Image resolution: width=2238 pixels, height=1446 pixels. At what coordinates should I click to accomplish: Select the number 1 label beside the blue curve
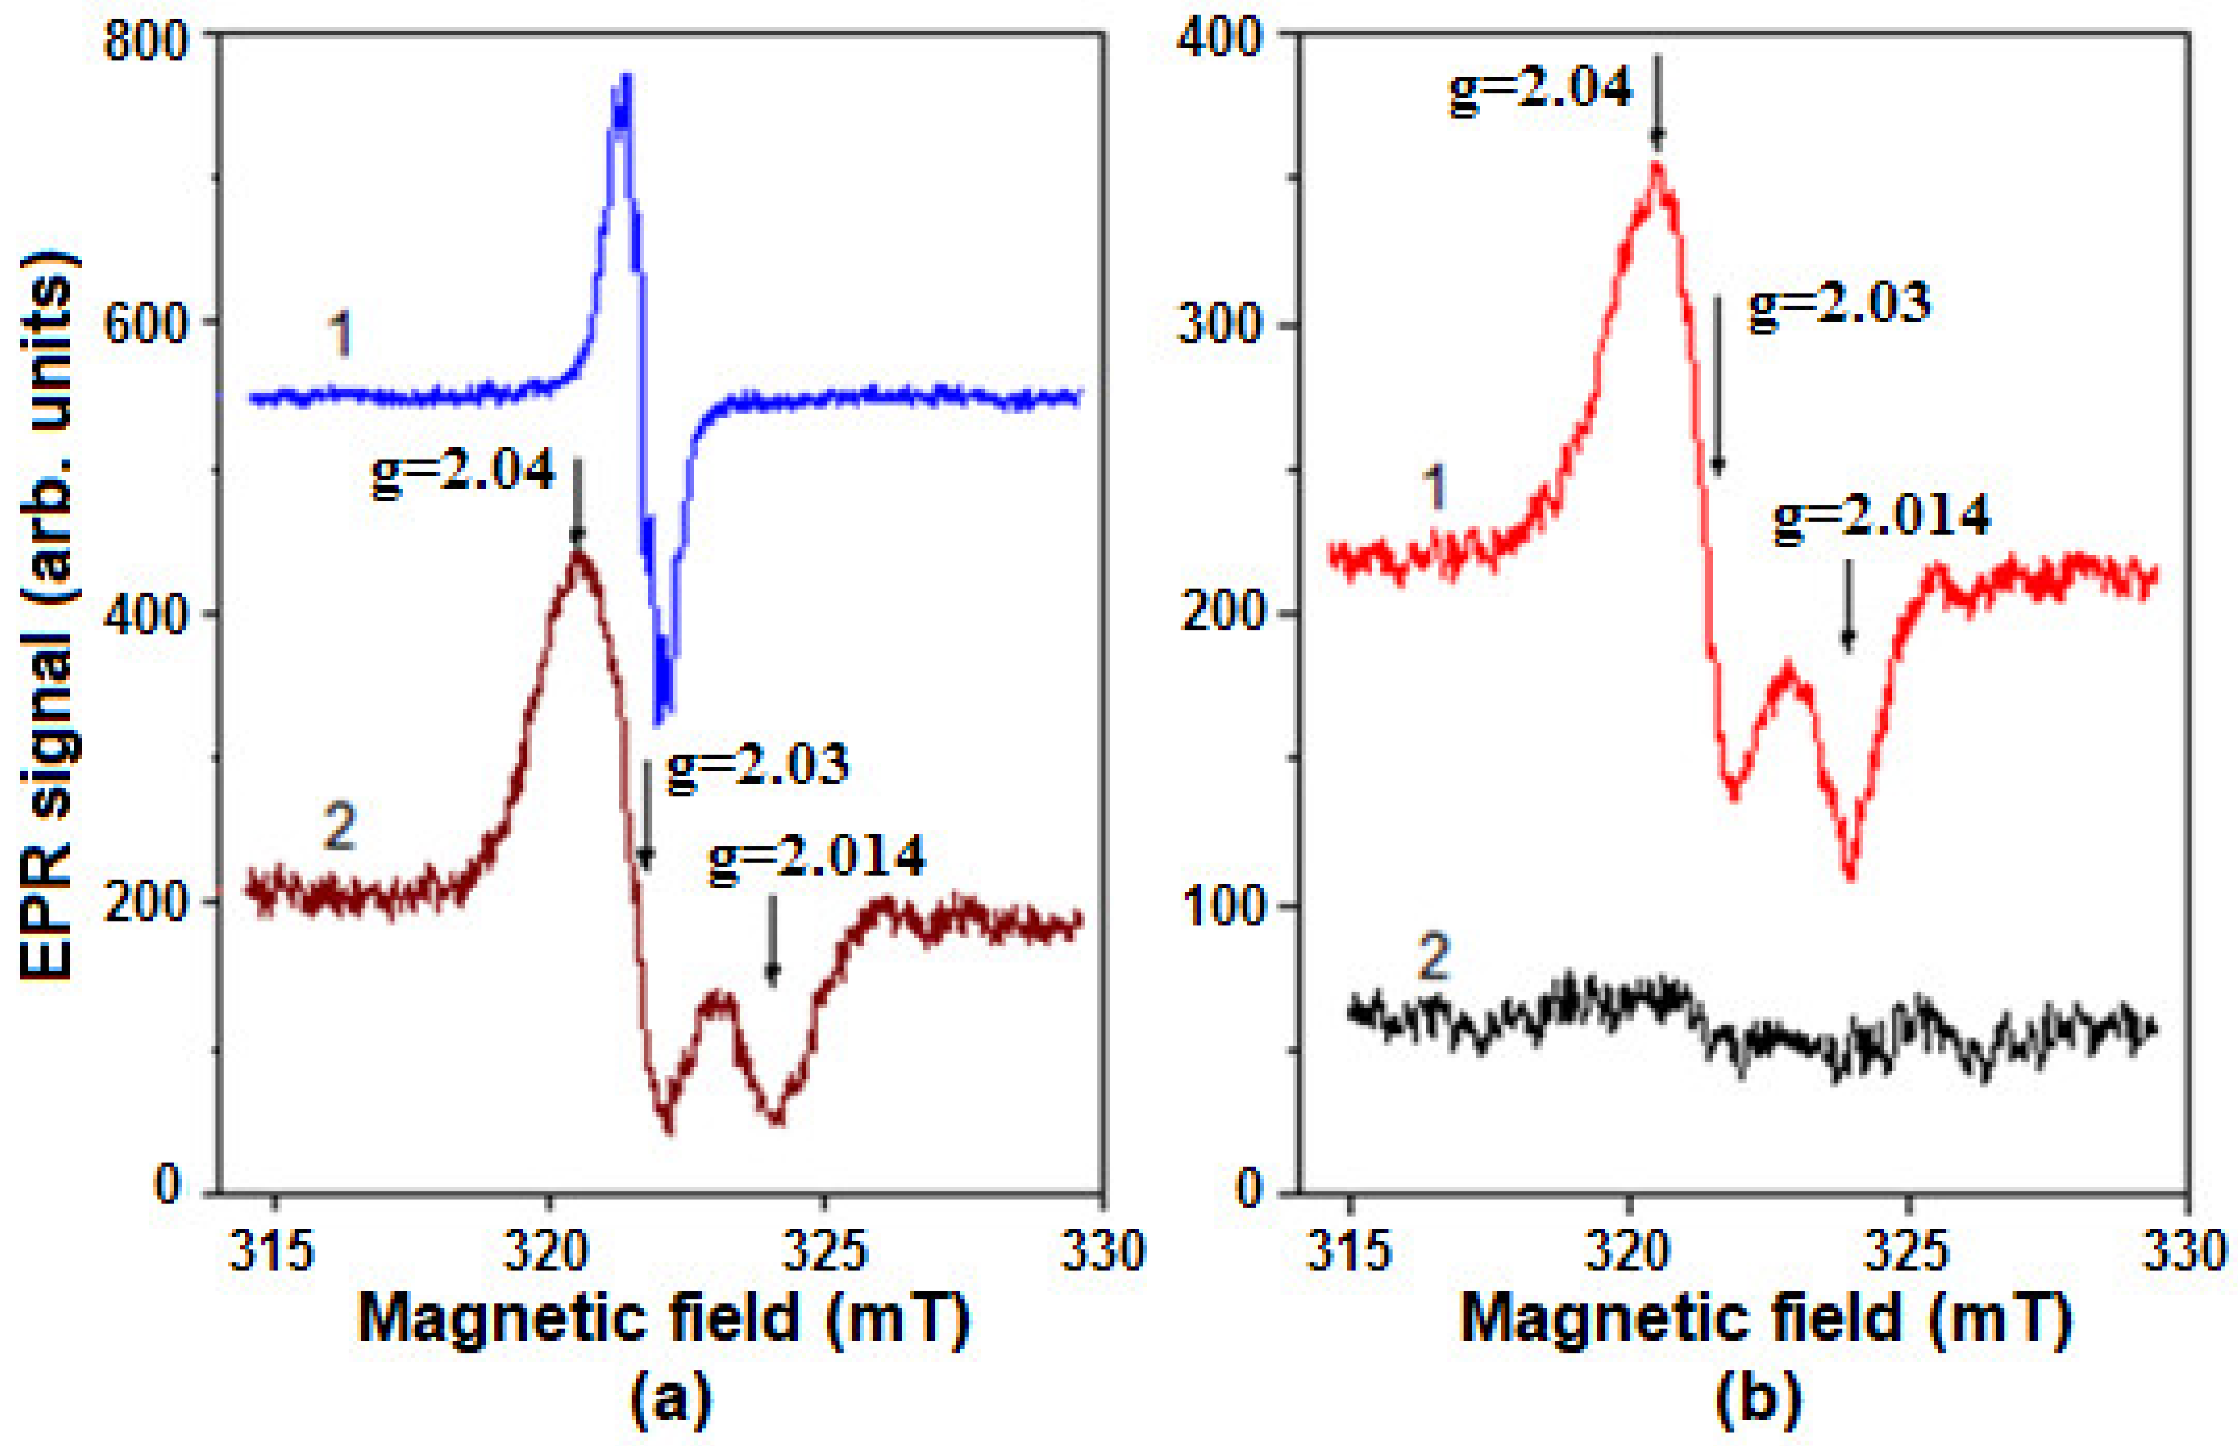click(x=341, y=335)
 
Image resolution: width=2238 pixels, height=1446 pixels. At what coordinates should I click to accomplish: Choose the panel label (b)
click(x=1757, y=1400)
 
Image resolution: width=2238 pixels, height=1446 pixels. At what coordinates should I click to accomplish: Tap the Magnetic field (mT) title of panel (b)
click(x=1765, y=1319)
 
